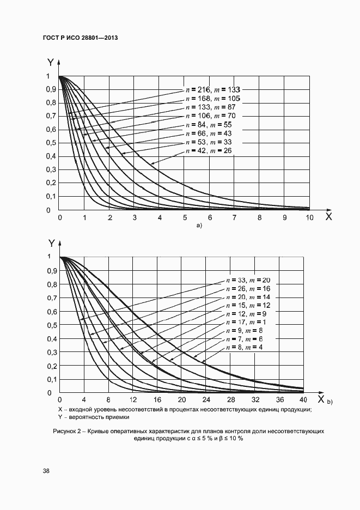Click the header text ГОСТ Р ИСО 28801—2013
coord(80,38)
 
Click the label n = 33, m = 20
coord(248,280)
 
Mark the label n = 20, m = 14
coord(248,297)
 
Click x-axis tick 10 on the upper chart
coord(309,218)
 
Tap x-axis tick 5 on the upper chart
coord(185,218)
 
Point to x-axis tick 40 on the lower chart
coord(303,400)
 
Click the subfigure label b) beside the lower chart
coord(330,402)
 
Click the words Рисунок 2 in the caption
coord(68,431)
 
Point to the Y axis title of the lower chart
coord(51,244)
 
